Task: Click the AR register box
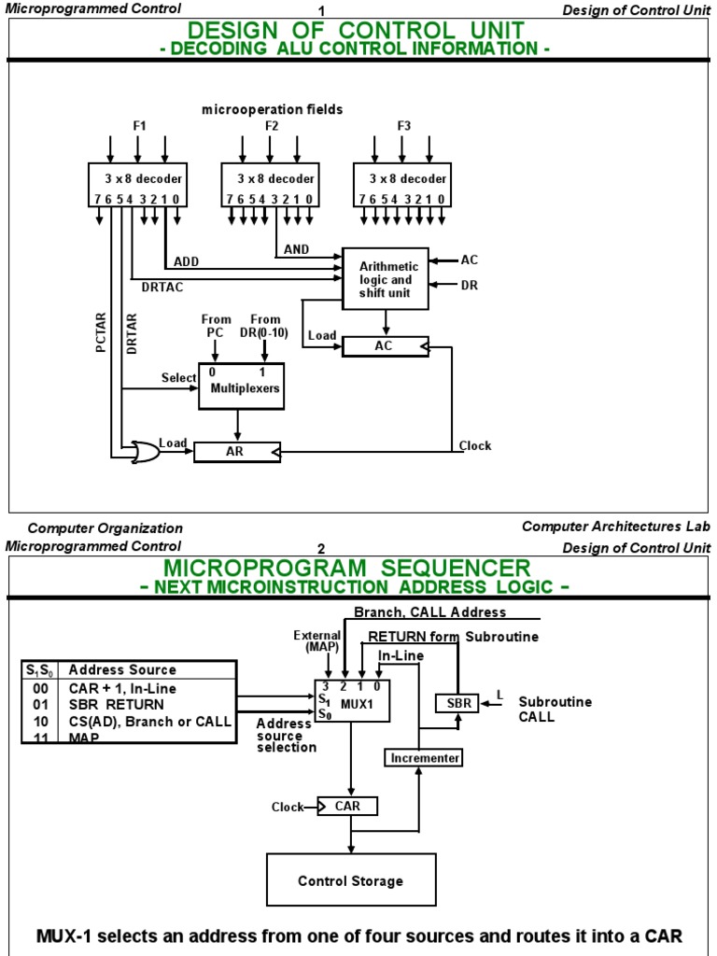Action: [237, 452]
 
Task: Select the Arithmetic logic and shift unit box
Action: [386, 278]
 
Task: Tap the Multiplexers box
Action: [242, 386]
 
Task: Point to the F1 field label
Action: [139, 126]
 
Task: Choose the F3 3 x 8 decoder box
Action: [402, 185]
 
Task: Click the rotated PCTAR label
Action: [101, 332]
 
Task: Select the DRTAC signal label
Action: [162, 287]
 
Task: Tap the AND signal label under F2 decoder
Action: [296, 249]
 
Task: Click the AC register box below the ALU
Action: [386, 346]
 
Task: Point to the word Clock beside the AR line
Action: [475, 445]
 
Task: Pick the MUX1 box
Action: [352, 700]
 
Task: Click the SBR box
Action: [458, 703]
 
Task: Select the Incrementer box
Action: [424, 758]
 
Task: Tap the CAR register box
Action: [347, 806]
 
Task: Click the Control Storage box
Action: [351, 879]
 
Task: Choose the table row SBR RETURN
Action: [116, 705]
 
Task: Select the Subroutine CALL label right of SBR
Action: [555, 710]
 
